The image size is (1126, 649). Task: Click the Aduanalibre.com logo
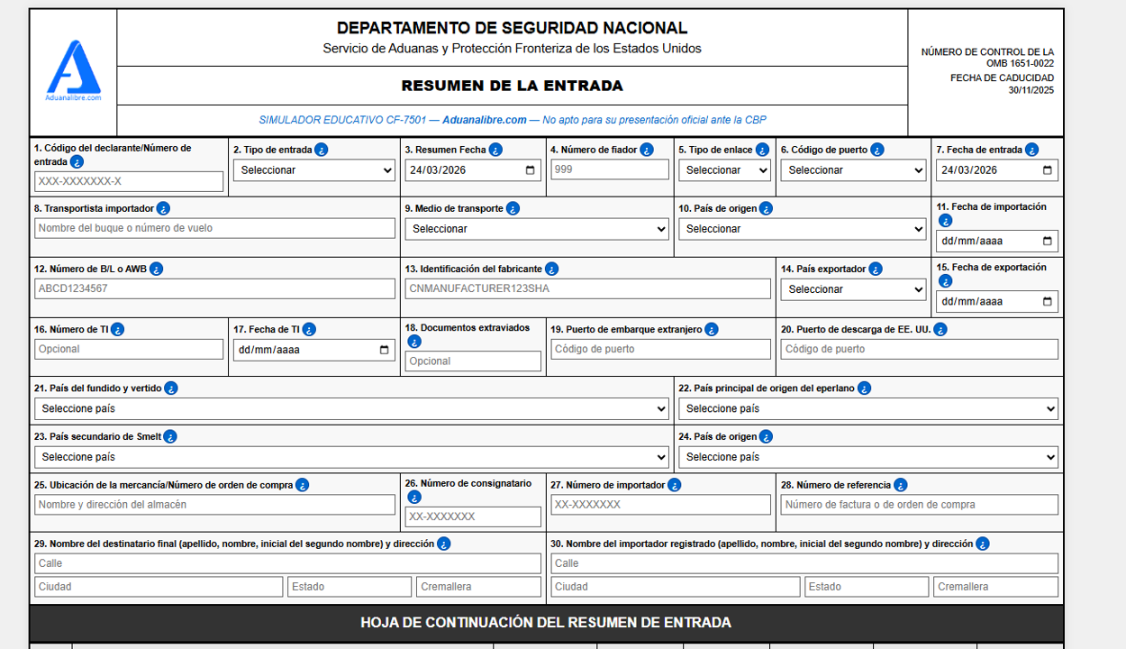pyautogui.click(x=73, y=70)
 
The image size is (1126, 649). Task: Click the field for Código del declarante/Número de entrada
pyautogui.click(x=129, y=181)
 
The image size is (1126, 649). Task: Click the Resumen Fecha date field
pyautogui.click(x=473, y=169)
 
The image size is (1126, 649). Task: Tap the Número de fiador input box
pyautogui.click(x=610, y=169)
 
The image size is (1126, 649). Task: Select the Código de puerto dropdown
pyautogui.click(x=853, y=169)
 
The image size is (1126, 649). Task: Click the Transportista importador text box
pyautogui.click(x=214, y=228)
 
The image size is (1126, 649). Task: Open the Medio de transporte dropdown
pyautogui.click(x=537, y=229)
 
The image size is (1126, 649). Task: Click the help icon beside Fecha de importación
pyautogui.click(x=945, y=221)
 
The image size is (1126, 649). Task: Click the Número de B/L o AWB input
pyautogui.click(x=214, y=288)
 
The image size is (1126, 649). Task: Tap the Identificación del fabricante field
pyautogui.click(x=587, y=288)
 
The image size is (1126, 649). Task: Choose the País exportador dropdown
pyautogui.click(x=853, y=289)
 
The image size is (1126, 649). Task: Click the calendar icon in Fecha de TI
pyautogui.click(x=385, y=350)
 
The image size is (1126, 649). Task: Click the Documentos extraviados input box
pyautogui.click(x=473, y=361)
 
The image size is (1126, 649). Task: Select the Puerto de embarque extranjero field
pyautogui.click(x=660, y=349)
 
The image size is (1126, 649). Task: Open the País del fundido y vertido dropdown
pyautogui.click(x=351, y=408)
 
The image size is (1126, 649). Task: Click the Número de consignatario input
pyautogui.click(x=473, y=516)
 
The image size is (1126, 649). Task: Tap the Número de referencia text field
pyautogui.click(x=919, y=505)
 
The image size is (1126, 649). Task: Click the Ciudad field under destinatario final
pyautogui.click(x=159, y=587)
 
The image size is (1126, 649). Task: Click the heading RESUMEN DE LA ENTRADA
pyautogui.click(x=512, y=87)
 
